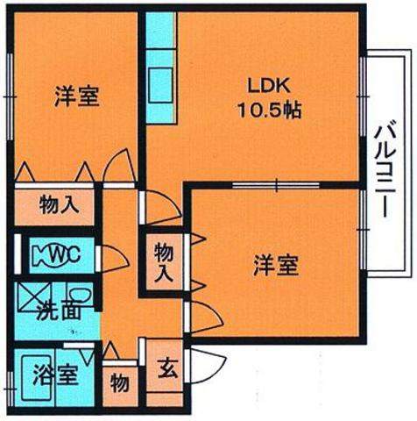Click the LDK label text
(269, 87)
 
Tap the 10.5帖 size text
(270, 111)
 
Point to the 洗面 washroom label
(59, 311)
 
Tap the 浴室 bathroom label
(55, 375)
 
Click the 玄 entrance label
(167, 368)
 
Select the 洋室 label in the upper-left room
(77, 96)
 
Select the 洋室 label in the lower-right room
(276, 265)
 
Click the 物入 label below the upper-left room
(60, 205)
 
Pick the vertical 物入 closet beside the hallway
(165, 263)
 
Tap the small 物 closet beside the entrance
(120, 384)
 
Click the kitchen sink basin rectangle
(160, 85)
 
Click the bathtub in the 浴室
(37, 378)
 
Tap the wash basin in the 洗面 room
(80, 296)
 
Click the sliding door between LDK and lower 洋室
(276, 185)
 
